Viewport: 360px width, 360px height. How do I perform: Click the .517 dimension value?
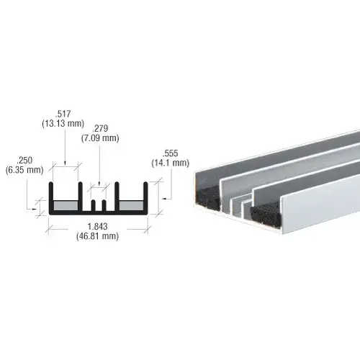(x=66, y=113)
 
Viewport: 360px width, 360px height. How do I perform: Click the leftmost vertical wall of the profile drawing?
(x=50, y=199)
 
